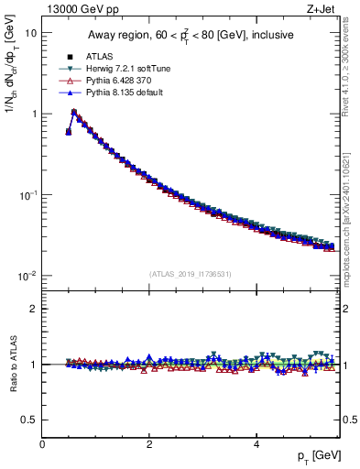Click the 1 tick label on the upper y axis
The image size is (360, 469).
(33, 115)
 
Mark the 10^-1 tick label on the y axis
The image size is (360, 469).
(27, 195)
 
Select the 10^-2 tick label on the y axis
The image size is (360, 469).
(27, 277)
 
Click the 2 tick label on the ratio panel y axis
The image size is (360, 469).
(33, 309)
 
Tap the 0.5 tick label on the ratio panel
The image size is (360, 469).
(29, 420)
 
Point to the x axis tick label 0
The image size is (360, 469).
(42, 443)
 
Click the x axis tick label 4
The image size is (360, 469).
(256, 443)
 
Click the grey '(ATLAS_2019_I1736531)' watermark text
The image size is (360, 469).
(190, 274)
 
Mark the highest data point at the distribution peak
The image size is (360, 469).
(74, 113)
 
